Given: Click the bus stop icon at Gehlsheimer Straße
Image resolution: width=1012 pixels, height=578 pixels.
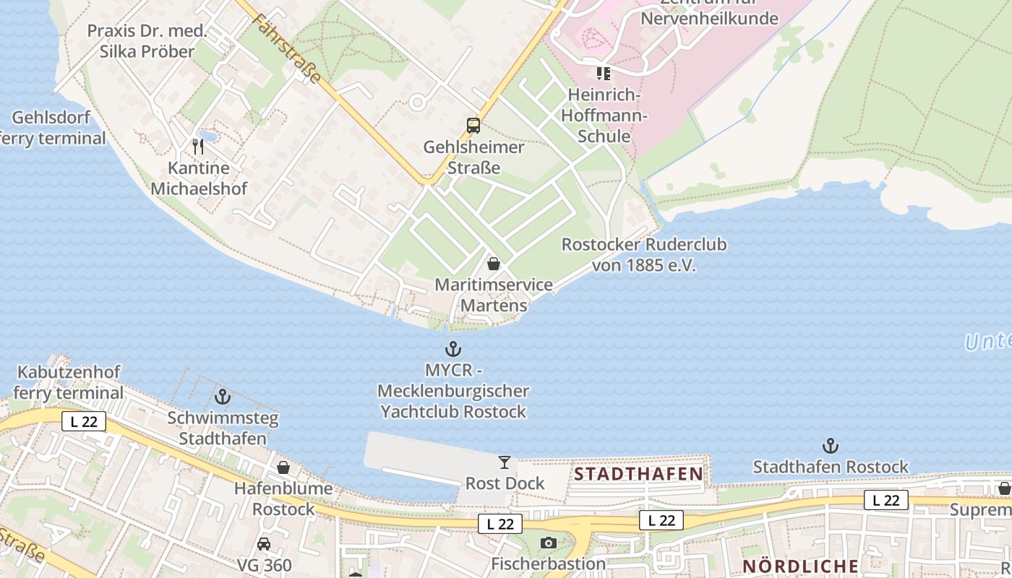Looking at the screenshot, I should [473, 126].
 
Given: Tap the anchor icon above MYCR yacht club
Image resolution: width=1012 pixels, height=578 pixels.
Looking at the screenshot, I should [453, 350].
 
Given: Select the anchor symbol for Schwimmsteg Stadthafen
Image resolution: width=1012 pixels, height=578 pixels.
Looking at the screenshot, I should [223, 397].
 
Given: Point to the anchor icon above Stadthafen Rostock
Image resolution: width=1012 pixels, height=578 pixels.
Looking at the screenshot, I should [831, 446].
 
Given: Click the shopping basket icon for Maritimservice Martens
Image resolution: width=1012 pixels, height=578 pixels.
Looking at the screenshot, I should [494, 264].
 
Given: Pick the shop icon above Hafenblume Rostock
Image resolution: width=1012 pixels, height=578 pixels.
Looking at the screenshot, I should [283, 467].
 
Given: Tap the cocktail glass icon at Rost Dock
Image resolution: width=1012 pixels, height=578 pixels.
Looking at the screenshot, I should [505, 462].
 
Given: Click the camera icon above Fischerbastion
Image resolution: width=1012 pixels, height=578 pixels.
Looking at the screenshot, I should [549, 543].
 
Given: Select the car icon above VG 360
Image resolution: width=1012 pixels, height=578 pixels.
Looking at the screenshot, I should [264, 544].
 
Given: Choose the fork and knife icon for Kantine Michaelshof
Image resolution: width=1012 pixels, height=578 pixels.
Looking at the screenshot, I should [198, 147].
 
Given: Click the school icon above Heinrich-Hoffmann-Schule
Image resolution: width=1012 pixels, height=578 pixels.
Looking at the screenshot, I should [604, 73].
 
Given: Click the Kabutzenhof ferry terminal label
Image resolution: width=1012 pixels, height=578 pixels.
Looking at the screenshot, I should [69, 383].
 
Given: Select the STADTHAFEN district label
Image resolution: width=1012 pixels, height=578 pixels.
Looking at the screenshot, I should [638, 474].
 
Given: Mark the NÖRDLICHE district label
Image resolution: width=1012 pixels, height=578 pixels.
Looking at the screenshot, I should [800, 566].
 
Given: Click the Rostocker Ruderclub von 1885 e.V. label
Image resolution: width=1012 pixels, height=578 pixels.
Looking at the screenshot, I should [644, 255].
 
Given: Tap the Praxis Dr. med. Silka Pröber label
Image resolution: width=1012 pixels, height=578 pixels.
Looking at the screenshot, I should [147, 41].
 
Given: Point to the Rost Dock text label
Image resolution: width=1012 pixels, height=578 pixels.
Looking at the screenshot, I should [505, 483].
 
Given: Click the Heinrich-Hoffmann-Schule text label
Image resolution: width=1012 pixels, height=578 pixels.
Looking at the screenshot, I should [605, 116].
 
